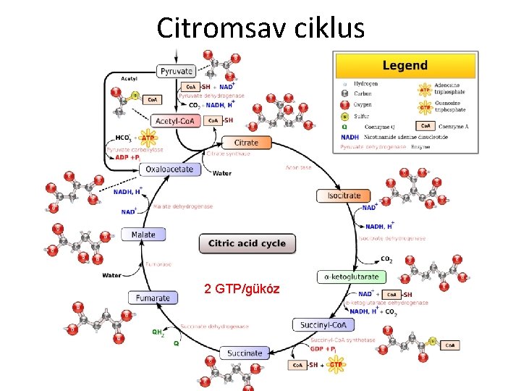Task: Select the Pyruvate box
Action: [177, 71]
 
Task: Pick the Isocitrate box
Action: [344, 195]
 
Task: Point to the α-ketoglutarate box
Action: [352, 277]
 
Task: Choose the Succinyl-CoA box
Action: [324, 325]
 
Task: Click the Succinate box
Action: [245, 353]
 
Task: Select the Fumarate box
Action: [153, 298]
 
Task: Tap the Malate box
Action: [143, 235]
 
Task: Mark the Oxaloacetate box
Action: [169, 169]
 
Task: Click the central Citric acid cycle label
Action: [247, 243]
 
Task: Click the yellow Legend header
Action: [405, 66]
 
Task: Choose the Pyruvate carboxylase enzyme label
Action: [135, 149]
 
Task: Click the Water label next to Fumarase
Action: [112, 275]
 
